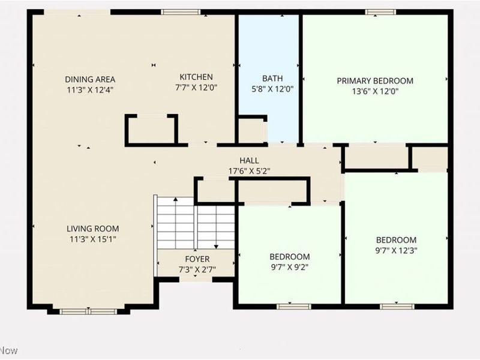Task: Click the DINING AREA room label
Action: (90, 79)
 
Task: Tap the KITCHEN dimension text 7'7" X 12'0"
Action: (196, 88)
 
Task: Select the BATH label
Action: (272, 79)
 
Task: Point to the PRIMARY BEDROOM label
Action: (375, 81)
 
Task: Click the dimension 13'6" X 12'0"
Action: (376, 91)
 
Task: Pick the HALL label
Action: (249, 160)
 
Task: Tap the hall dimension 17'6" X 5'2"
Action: (249, 171)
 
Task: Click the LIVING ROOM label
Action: (93, 229)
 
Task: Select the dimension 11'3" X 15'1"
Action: (93, 239)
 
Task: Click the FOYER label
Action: (197, 259)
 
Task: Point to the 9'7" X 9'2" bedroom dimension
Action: (289, 267)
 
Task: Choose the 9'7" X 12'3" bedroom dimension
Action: (397, 250)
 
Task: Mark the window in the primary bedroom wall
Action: (380, 12)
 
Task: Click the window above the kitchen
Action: (181, 12)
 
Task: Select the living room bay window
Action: (88, 311)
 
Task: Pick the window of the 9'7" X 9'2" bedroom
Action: (293, 307)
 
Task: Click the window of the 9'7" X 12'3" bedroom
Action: (397, 307)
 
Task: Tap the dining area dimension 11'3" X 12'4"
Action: (91, 90)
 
